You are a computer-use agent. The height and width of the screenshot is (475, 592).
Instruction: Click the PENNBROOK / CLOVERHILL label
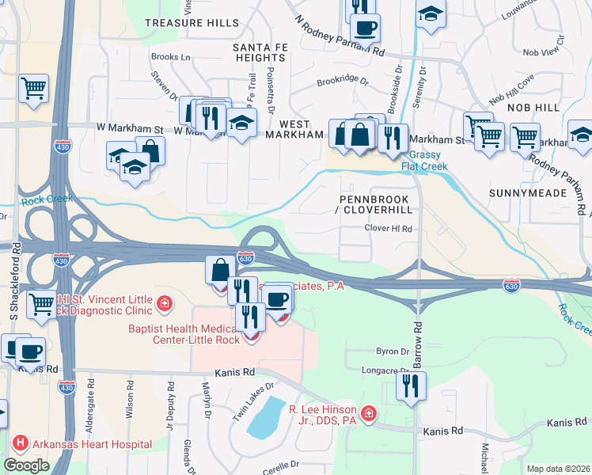(376, 204)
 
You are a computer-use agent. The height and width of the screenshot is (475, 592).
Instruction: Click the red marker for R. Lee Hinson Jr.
(368, 413)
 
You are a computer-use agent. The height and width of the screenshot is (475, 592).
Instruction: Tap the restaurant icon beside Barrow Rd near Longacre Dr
(410, 386)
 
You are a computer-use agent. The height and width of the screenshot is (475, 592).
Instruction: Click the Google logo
(26, 465)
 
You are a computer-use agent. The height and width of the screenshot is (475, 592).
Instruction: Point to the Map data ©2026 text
(559, 469)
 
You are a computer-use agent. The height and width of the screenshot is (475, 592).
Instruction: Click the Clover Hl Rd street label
(389, 229)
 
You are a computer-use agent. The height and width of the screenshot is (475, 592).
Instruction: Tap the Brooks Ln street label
(171, 57)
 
